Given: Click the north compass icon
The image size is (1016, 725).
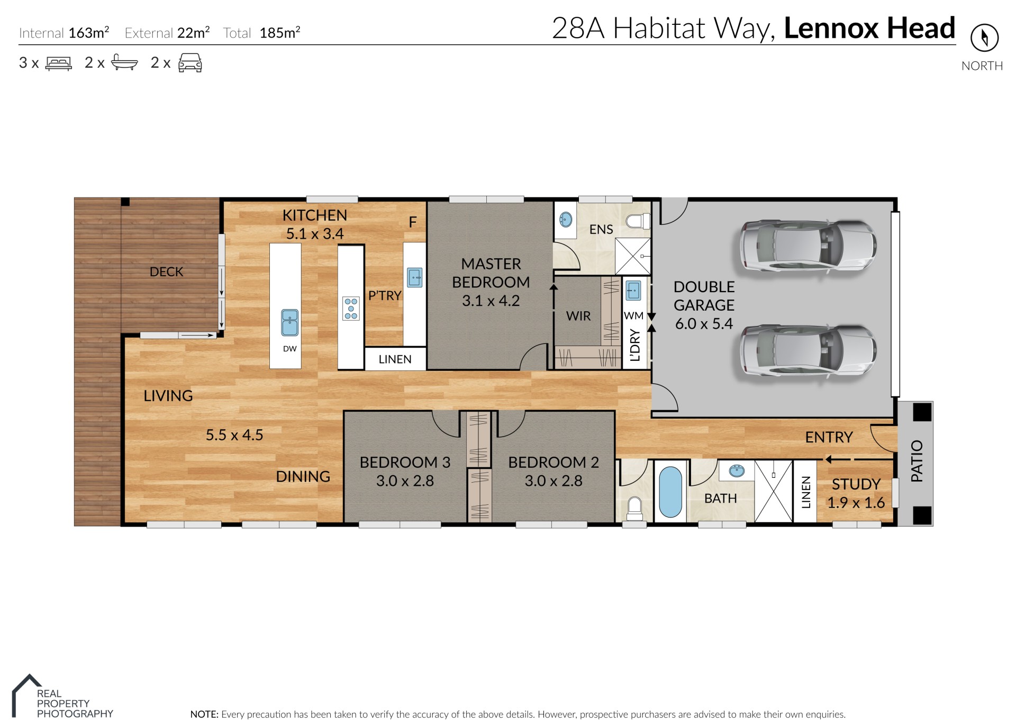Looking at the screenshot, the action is click(x=984, y=38).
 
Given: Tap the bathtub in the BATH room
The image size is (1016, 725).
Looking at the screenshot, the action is click(x=670, y=492).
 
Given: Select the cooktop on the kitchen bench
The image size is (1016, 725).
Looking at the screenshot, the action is click(x=351, y=308).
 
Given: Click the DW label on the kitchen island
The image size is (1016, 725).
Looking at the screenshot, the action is click(x=289, y=349).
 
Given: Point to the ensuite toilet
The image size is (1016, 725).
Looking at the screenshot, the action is click(x=638, y=221).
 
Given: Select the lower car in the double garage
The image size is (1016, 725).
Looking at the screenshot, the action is click(x=808, y=350).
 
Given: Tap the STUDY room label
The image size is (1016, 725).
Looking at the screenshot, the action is click(x=856, y=484).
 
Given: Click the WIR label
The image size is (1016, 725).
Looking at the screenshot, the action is click(x=578, y=316).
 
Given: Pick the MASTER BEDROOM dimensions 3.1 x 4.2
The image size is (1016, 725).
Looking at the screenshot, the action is click(x=491, y=301).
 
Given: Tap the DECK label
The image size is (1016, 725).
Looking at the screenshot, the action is click(x=166, y=271).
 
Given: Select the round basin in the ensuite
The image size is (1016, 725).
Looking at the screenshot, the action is click(x=566, y=219).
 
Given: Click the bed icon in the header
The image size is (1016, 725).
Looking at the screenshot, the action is click(x=59, y=64).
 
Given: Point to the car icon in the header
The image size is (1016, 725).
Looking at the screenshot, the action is click(x=190, y=62).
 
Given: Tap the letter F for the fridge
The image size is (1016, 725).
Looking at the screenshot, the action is click(x=413, y=222).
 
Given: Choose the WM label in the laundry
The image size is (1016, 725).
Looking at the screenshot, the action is click(x=633, y=316).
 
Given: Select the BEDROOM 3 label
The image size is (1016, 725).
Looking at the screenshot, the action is click(x=405, y=462).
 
